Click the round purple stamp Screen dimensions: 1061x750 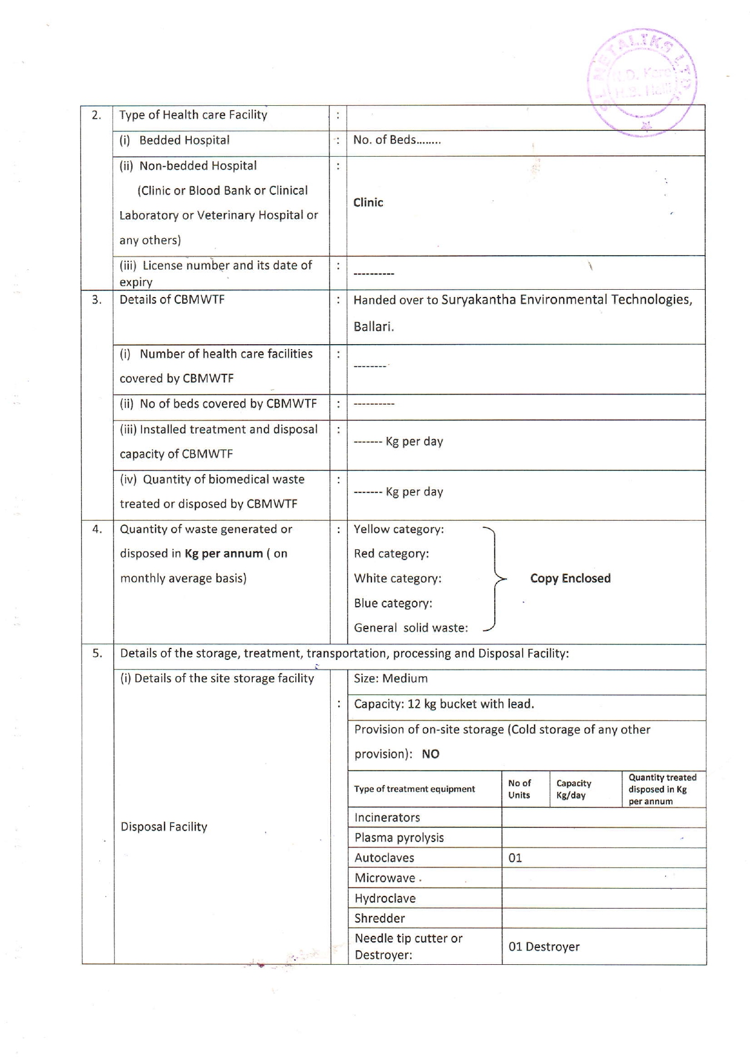(x=642, y=82)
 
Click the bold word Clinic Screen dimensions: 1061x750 (x=368, y=203)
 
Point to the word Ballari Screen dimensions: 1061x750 (x=373, y=327)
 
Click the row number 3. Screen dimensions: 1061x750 (x=97, y=299)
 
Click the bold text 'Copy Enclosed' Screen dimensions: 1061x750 (x=570, y=578)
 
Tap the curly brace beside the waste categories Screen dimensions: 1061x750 (x=495, y=578)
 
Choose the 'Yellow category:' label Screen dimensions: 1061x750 (x=399, y=529)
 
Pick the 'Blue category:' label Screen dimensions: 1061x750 (x=393, y=603)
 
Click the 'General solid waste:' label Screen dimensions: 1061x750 (x=411, y=628)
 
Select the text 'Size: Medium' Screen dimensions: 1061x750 (x=391, y=679)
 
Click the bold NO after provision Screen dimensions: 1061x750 (x=431, y=754)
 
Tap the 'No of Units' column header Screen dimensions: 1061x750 (x=520, y=789)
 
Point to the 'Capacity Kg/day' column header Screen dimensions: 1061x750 (x=573, y=789)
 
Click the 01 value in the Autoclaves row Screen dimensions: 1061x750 (x=515, y=858)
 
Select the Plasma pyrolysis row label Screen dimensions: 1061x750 (x=399, y=838)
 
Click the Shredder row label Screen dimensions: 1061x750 (x=380, y=918)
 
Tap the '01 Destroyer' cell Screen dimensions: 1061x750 (x=544, y=947)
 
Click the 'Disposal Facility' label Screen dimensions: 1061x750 (x=164, y=827)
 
